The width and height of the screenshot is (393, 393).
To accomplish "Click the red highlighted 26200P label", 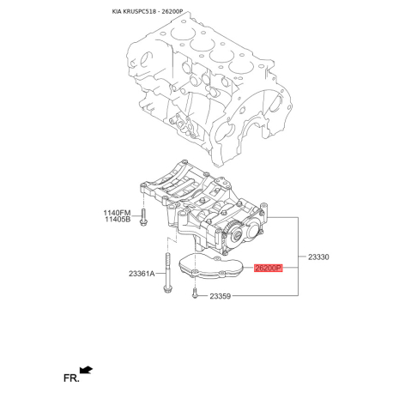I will (x=269, y=267).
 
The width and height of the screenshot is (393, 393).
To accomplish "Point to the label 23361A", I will (x=141, y=273).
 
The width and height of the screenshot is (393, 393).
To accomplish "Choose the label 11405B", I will (x=118, y=220).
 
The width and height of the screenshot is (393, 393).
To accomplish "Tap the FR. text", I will (x=70, y=376).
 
